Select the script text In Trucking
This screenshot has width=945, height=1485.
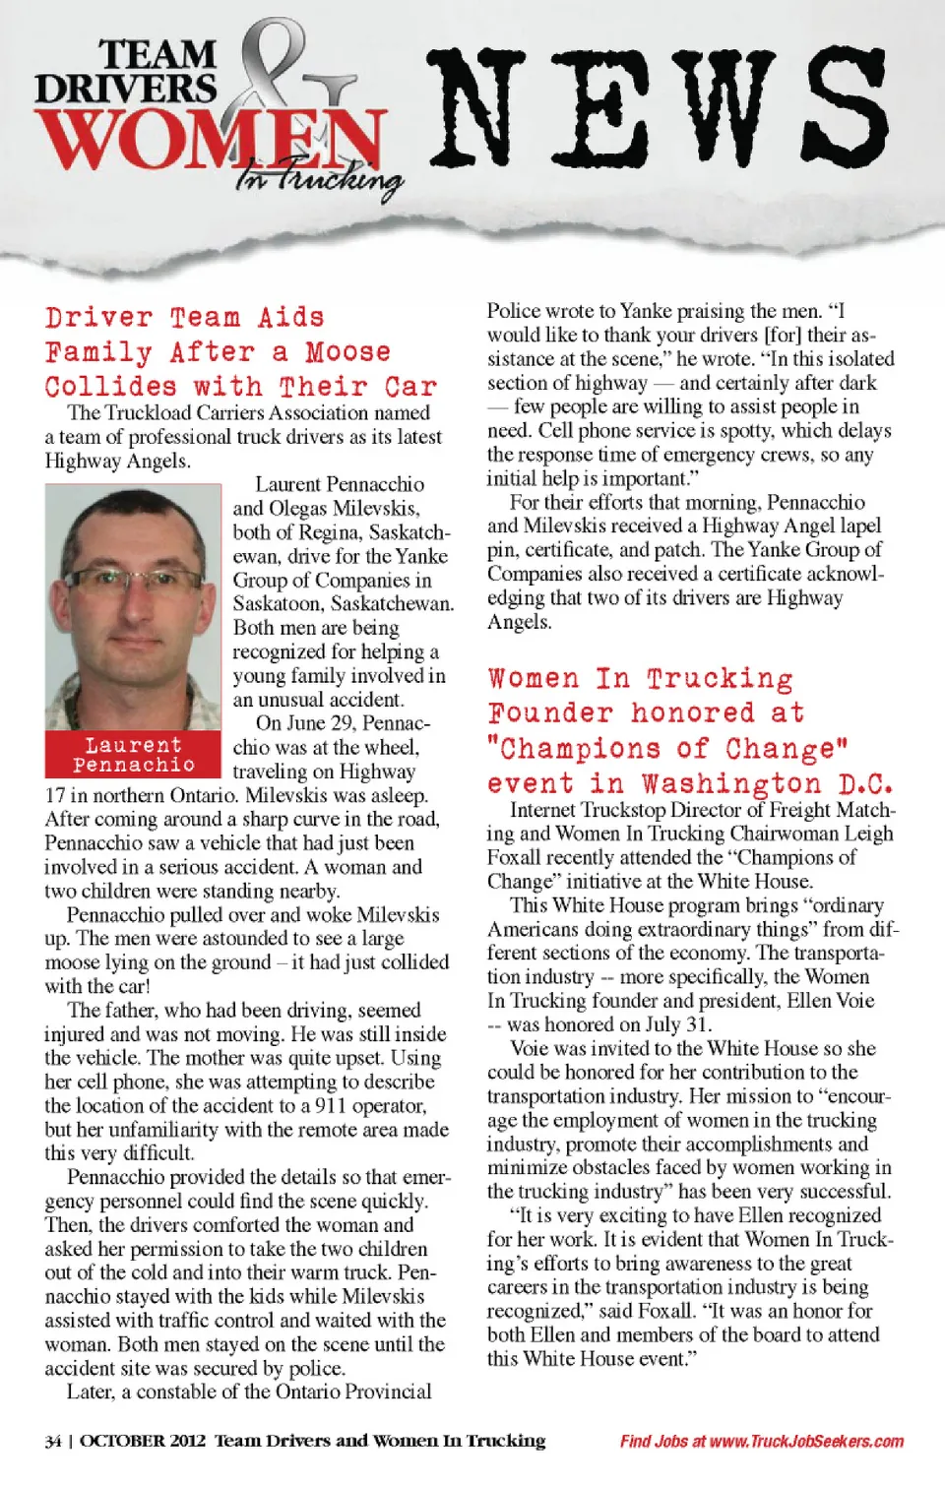coord(320,180)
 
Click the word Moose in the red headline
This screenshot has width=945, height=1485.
coord(347,352)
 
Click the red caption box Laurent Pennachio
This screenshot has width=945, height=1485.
coord(133,754)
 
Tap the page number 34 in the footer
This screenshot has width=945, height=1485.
coord(53,1442)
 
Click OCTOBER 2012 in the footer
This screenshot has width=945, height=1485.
coord(143,1442)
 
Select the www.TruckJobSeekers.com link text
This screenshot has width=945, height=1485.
coord(806,1442)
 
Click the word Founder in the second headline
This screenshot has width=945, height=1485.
coord(551,713)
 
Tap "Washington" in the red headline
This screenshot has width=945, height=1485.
coord(731,784)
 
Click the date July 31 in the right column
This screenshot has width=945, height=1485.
coord(678,1023)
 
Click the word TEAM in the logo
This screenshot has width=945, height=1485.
coord(157,54)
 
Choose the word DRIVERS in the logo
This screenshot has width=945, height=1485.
coord(125,89)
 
